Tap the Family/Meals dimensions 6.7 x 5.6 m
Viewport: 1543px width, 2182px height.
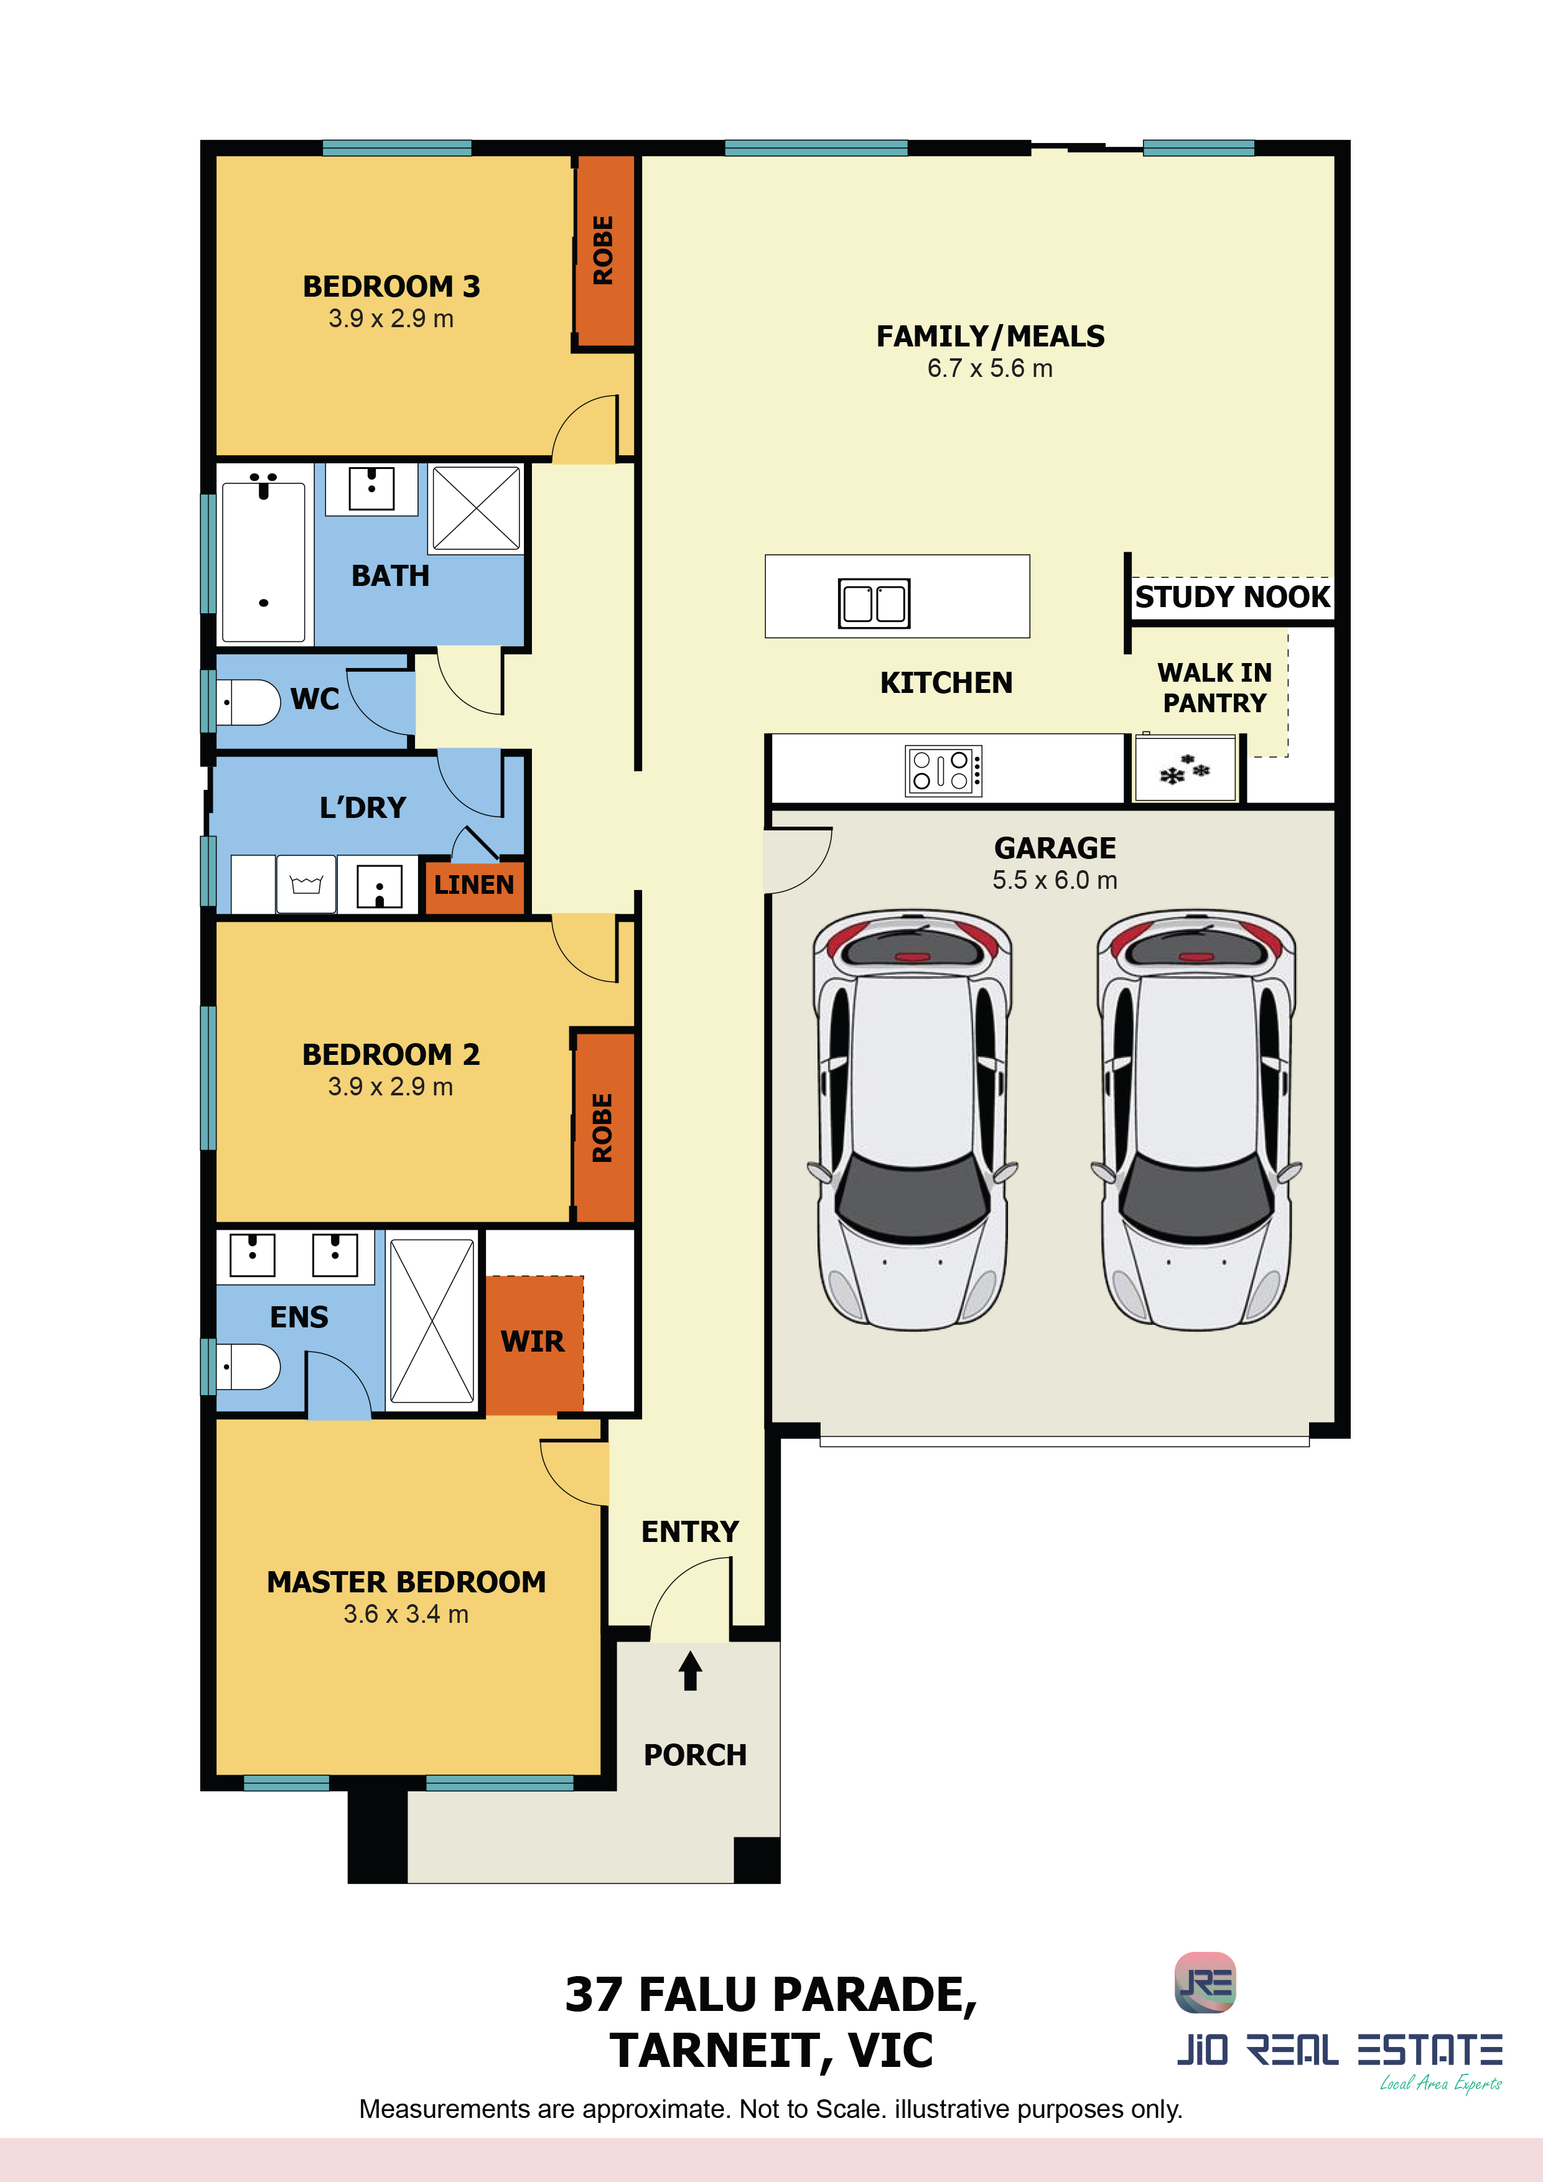tap(990, 369)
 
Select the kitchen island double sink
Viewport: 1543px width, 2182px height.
tap(874, 603)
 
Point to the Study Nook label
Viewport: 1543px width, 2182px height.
tap(1232, 597)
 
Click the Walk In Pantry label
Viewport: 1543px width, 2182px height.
tap(1214, 688)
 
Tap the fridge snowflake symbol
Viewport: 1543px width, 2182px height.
tap(1185, 770)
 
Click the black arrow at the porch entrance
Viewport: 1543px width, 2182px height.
tap(690, 1671)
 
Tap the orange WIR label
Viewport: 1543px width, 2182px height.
tap(533, 1341)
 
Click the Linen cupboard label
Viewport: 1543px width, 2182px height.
tap(473, 884)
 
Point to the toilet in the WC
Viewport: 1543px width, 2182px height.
tap(248, 702)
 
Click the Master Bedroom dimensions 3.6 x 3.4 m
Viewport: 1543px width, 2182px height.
tap(406, 1615)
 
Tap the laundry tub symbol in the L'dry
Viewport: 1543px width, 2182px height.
tap(306, 884)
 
